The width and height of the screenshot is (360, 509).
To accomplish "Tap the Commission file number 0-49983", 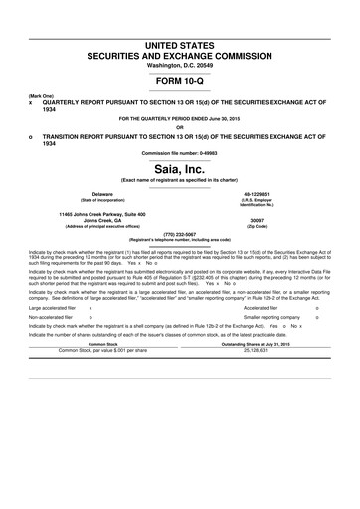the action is (180, 152).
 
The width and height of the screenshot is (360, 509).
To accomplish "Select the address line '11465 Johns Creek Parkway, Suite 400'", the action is (102, 213).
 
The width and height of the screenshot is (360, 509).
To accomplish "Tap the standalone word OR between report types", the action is (180, 125).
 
